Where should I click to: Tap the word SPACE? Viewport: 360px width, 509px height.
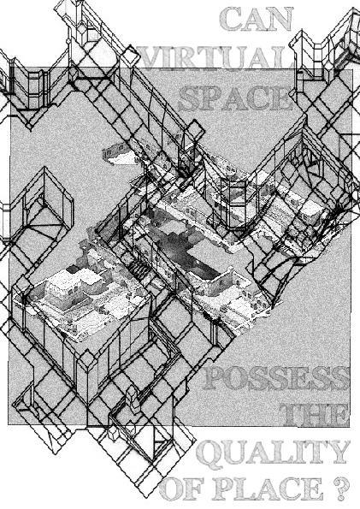(x=234, y=98)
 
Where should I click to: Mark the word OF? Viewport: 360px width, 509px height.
(x=181, y=488)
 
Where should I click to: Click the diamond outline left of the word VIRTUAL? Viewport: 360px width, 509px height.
(x=131, y=56)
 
